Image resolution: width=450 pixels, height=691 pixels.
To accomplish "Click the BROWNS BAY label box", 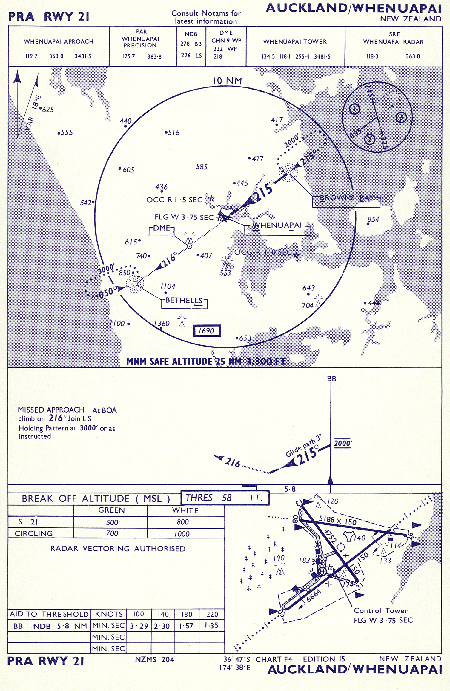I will click(x=346, y=198).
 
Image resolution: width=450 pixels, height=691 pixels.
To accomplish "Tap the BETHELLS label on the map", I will click(x=184, y=301).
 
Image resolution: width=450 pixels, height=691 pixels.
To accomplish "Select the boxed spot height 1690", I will click(x=207, y=331).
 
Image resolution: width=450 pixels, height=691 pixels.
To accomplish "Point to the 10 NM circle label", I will click(x=227, y=81).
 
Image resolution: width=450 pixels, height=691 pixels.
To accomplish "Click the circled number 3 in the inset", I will click(x=401, y=117).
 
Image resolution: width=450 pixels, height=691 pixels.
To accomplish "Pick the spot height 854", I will click(x=373, y=220).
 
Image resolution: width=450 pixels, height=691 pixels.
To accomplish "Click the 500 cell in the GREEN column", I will click(x=112, y=522).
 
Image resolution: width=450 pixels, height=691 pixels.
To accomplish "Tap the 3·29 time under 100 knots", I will click(x=139, y=626).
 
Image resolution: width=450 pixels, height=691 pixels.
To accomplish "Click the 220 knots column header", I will click(x=212, y=614).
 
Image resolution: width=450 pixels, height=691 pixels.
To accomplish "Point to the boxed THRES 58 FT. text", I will click(x=224, y=498).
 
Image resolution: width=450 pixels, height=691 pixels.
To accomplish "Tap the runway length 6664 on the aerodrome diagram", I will click(x=313, y=596).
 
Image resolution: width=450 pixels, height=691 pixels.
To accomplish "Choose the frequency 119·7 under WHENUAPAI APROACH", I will click(x=31, y=56).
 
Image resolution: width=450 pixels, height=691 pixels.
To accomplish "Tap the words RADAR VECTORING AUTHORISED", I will click(x=118, y=549).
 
